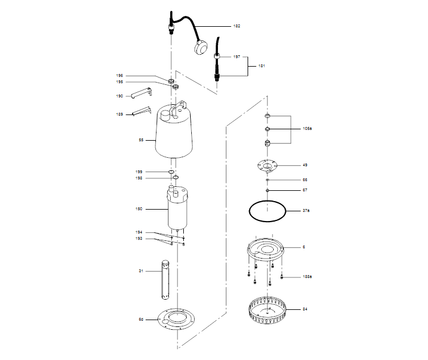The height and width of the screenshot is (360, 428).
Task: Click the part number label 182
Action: pyautogui.click(x=237, y=26)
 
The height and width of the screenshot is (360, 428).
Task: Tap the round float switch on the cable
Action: pyautogui.click(x=201, y=49)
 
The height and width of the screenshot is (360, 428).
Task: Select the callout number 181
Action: pyautogui.click(x=262, y=66)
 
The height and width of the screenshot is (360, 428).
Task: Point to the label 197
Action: pyautogui.click(x=237, y=57)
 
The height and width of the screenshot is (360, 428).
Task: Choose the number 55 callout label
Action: pyautogui.click(x=141, y=140)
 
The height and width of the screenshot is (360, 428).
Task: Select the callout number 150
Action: pyautogui.click(x=139, y=209)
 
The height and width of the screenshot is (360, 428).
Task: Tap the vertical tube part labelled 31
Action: pyautogui.click(x=166, y=280)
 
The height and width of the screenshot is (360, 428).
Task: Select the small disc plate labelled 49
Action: pyautogui.click(x=267, y=166)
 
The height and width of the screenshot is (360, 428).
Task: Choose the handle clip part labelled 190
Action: pyautogui.click(x=141, y=92)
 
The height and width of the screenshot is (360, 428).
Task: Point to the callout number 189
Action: pyautogui.click(x=120, y=114)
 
